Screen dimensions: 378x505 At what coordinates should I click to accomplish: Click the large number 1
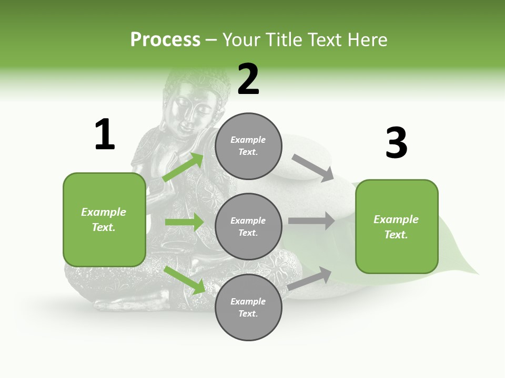105,135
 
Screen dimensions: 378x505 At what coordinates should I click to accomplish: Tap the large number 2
248,79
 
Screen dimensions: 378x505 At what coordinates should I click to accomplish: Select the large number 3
396,143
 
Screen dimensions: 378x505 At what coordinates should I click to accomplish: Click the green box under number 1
104,219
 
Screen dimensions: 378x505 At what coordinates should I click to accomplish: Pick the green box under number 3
397,227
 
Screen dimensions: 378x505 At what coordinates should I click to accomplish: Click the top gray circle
248,146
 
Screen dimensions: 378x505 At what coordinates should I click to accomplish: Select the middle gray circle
248,226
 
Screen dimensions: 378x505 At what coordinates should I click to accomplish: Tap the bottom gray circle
248,307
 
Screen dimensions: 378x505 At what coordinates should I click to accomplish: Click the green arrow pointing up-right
183,167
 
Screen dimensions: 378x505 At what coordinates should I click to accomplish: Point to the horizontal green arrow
184,222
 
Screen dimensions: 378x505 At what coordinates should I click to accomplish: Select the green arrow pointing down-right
184,279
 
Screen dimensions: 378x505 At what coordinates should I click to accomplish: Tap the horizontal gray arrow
311,221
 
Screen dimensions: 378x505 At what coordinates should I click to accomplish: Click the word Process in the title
165,39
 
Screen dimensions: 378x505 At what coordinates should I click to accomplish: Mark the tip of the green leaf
477,274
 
